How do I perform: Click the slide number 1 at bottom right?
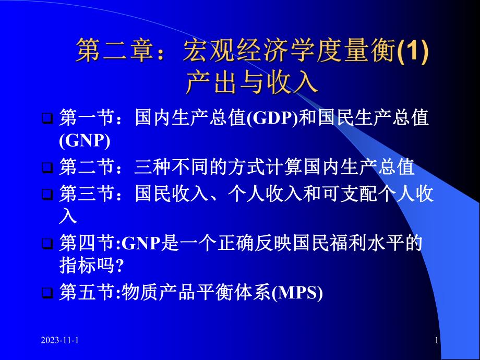click(436, 341)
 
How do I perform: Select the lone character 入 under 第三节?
click(68, 215)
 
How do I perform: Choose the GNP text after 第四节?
click(142, 243)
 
